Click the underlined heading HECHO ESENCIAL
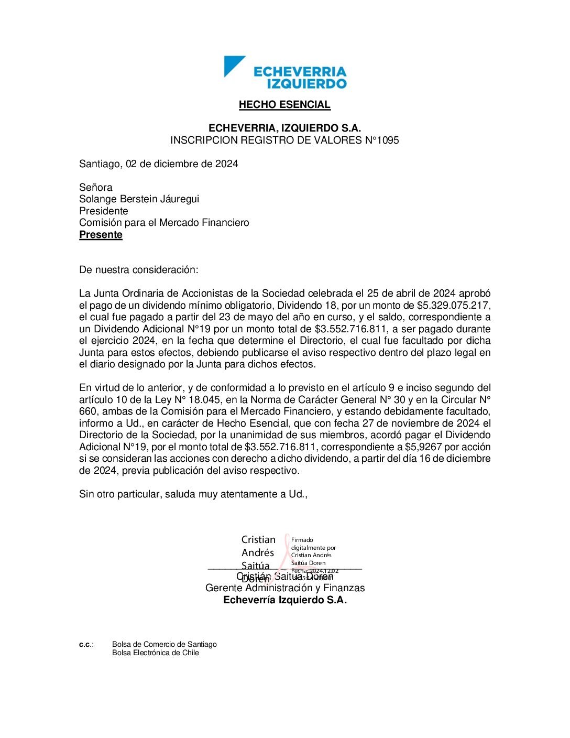point(284,105)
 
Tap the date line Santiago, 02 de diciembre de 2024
point(158,164)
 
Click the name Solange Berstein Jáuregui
point(139,199)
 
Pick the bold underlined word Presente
point(101,235)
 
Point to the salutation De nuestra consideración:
point(139,270)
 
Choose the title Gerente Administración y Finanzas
point(284,588)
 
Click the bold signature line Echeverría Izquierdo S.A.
point(284,600)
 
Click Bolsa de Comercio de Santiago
point(164,645)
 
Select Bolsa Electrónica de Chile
point(155,653)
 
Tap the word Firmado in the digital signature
point(302,540)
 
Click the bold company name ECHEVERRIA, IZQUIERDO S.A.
point(284,128)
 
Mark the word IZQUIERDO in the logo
point(306,83)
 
